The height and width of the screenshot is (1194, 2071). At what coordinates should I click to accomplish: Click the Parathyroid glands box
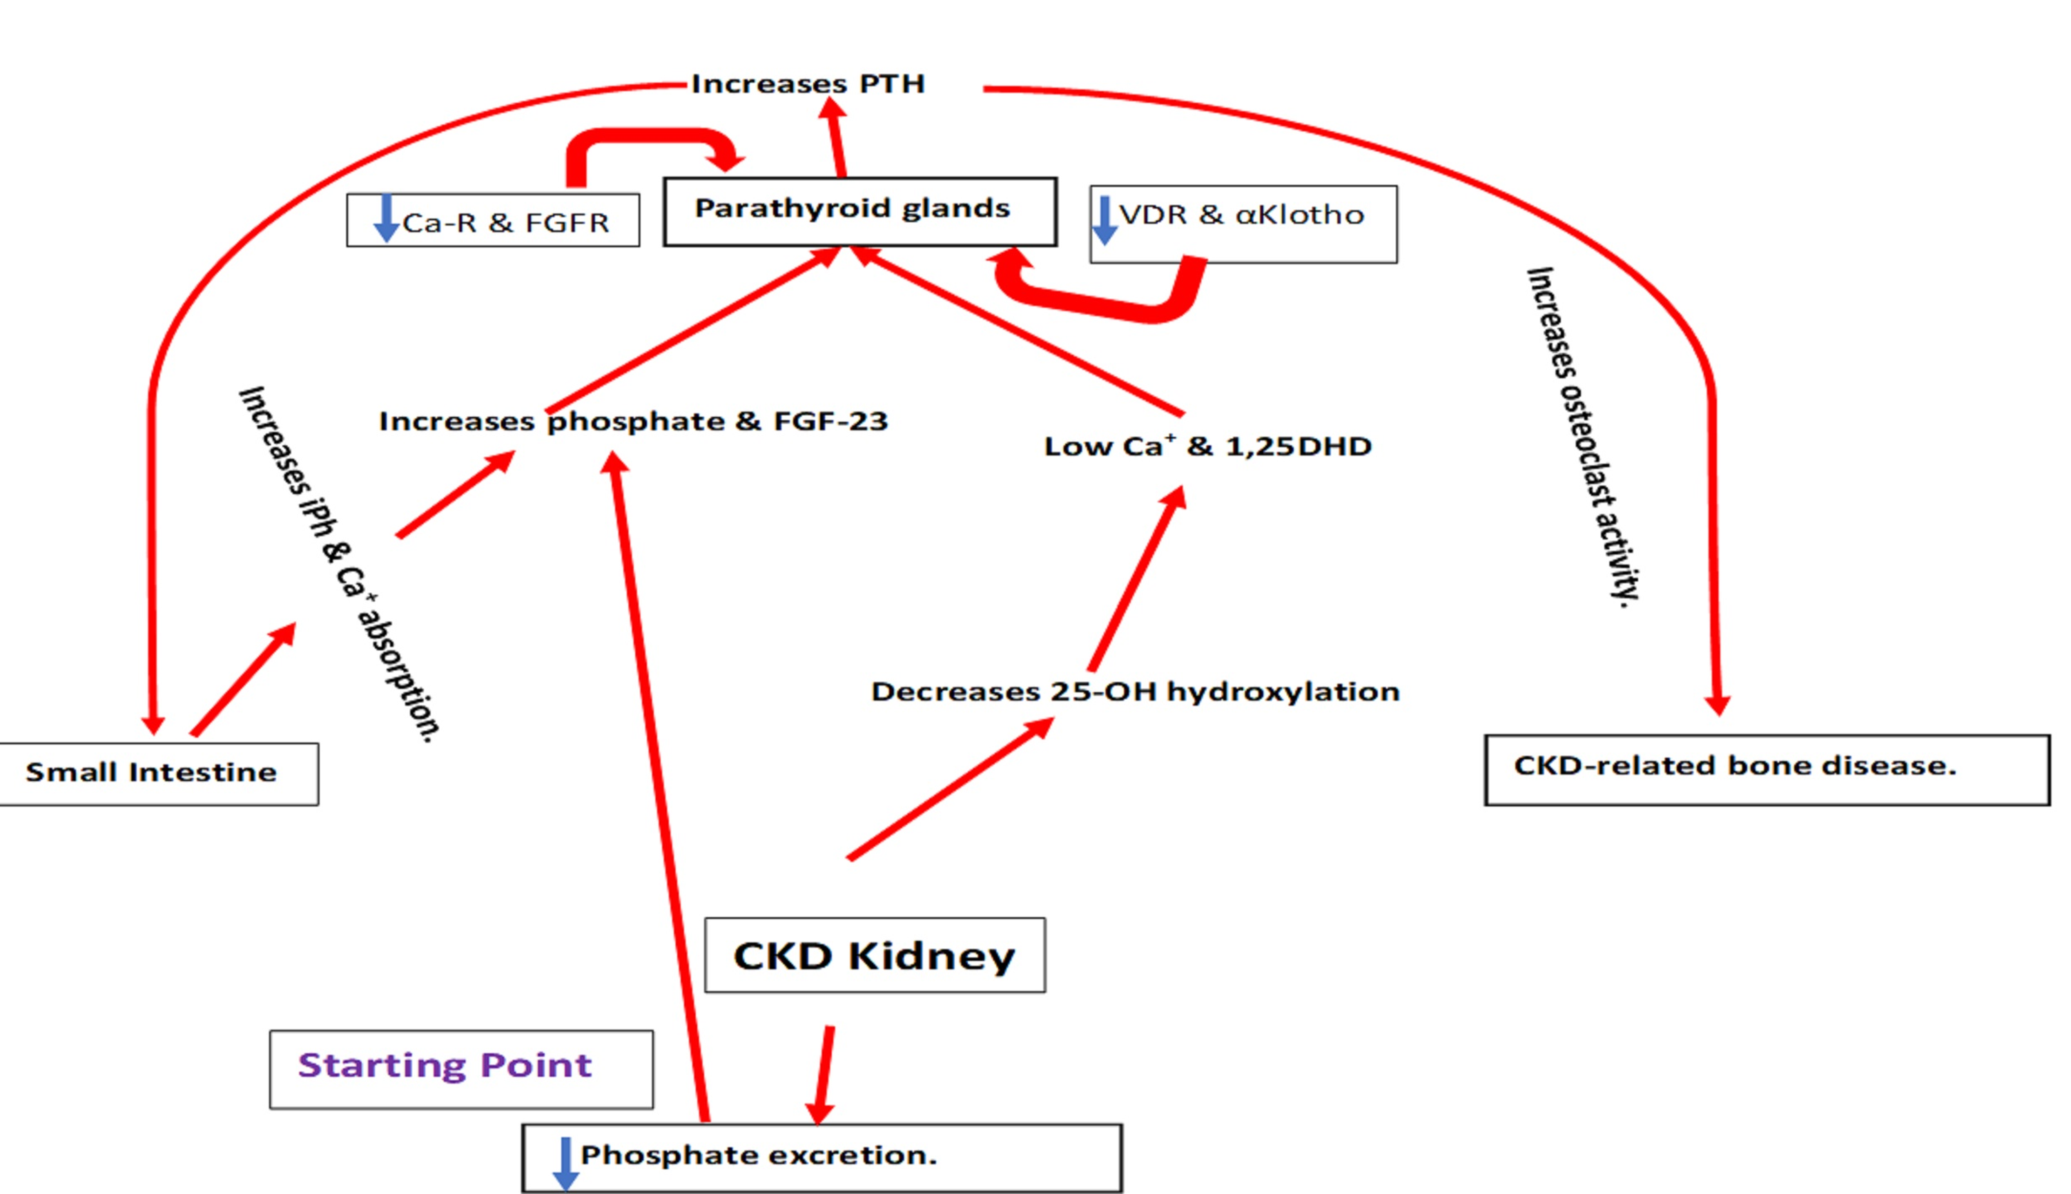click(x=859, y=211)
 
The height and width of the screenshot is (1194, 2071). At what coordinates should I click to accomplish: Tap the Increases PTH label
click(x=807, y=84)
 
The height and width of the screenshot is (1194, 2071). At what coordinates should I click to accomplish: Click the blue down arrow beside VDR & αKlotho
click(x=1105, y=219)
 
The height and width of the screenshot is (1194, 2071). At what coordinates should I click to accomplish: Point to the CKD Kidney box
click(x=875, y=955)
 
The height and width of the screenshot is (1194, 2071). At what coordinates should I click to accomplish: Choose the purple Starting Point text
click(x=445, y=1065)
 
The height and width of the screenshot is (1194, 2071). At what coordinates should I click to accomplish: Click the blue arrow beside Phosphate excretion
click(x=566, y=1163)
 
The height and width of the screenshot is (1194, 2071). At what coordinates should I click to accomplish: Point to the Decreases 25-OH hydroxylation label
click(x=1134, y=692)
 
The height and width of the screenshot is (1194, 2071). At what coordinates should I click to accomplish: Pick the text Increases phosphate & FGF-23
click(x=633, y=422)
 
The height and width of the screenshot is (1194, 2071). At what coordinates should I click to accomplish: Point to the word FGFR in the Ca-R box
click(x=567, y=223)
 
